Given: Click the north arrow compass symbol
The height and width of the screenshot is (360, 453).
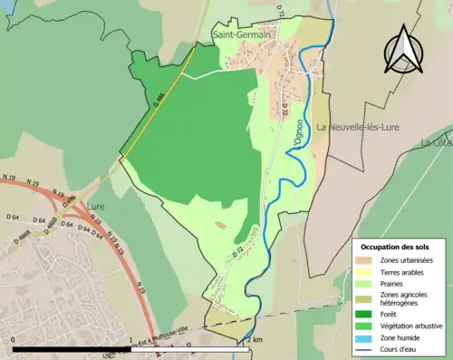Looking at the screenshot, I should coord(401,51).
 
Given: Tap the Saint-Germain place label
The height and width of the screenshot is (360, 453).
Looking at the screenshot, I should coord(243,35).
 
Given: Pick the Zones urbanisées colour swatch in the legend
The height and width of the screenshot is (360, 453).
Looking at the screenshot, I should coord(366,261).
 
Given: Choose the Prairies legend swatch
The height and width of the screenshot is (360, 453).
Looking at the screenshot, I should coord(366,284).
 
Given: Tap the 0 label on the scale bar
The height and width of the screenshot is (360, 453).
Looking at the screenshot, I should coord(15,341).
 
